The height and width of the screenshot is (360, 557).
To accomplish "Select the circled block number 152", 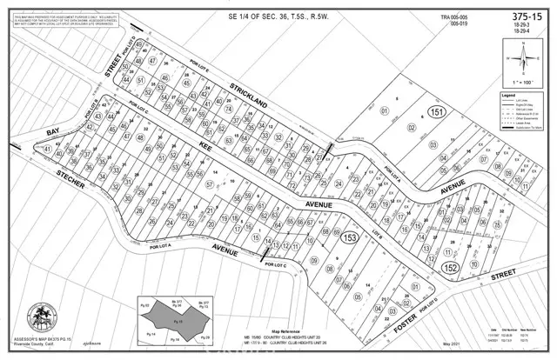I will (x=448, y=268).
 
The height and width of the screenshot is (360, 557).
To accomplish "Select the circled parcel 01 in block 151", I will (x=384, y=111).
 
